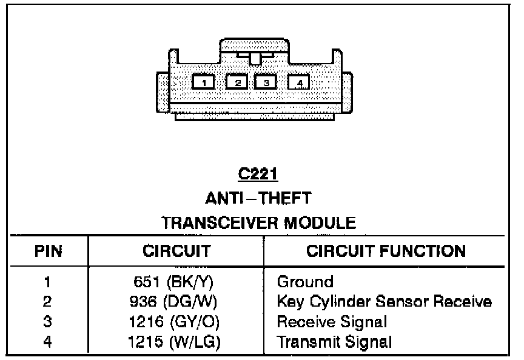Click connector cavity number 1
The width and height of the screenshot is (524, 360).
coord(204,81)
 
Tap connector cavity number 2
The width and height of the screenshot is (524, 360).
coord(237,81)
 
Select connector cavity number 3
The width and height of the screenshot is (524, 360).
coord(266,81)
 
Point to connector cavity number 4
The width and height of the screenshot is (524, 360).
coord(298,82)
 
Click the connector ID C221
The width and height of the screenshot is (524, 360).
coord(258,175)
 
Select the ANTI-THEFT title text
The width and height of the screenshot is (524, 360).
coord(258,198)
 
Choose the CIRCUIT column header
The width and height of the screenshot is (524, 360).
coord(176,251)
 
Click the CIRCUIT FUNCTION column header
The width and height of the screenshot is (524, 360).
coord(386,251)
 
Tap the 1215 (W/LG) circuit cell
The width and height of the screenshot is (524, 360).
coord(175,341)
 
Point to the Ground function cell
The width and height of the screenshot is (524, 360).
coord(305,282)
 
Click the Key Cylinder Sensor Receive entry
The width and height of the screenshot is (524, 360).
coord(383,301)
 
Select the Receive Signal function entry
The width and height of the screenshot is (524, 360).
coord(332,321)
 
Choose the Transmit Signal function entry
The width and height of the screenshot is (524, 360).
coord(334,341)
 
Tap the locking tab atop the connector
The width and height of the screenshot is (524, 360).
coord(255,58)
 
